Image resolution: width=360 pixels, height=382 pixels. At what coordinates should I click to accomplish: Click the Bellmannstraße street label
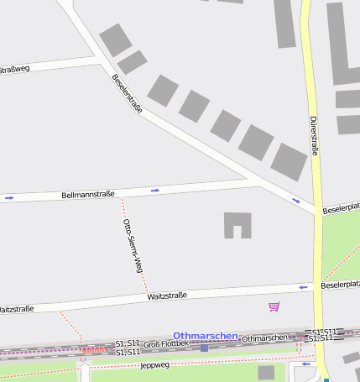click(88, 195)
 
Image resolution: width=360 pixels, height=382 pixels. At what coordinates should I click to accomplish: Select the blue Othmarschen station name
click(205, 335)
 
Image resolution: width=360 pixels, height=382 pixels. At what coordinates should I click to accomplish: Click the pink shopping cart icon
click(274, 306)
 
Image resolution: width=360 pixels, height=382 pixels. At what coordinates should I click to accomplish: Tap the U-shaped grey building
click(237, 224)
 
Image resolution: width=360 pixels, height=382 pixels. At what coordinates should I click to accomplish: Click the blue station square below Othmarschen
click(204, 347)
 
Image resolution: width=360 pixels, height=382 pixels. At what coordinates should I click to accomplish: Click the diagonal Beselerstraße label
click(127, 93)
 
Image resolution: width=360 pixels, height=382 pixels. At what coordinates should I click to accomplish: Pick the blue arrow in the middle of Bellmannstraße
click(155, 191)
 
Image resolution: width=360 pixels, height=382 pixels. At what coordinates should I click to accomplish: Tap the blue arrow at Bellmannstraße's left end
click(9, 198)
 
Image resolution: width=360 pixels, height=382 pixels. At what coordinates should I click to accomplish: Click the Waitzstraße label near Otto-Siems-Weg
click(166, 296)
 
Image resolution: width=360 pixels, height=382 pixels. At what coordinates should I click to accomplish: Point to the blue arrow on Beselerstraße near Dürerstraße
click(296, 200)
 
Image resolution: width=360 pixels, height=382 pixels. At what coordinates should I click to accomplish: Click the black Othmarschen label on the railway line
click(263, 338)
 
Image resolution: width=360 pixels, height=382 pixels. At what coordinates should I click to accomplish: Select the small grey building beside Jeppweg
click(266, 372)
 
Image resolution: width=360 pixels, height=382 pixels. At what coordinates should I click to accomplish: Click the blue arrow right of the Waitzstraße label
click(304, 288)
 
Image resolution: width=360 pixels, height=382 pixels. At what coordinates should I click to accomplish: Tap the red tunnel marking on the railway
click(94, 348)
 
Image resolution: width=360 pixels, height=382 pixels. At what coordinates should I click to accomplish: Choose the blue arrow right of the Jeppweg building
click(305, 364)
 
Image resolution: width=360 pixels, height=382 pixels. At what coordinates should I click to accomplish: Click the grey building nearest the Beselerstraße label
click(132, 62)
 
